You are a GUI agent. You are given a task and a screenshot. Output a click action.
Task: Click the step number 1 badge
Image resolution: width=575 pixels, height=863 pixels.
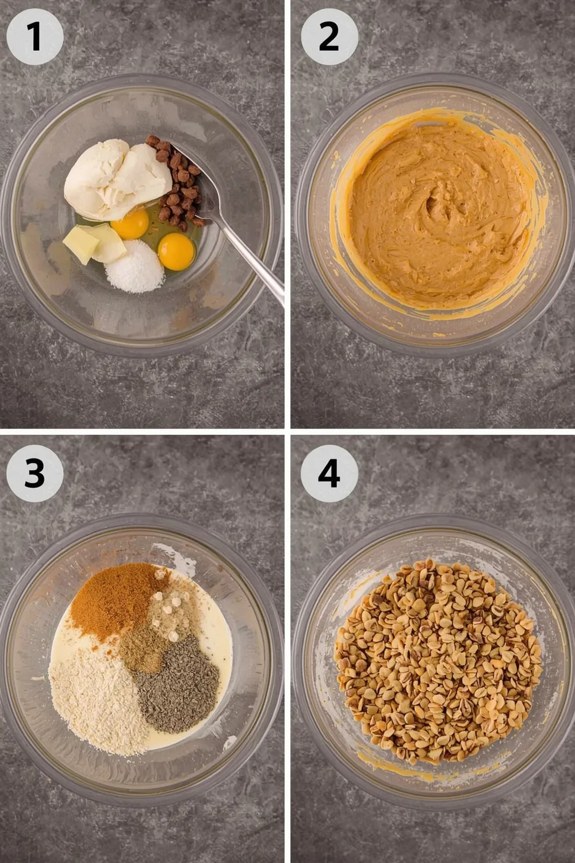[x=34, y=36]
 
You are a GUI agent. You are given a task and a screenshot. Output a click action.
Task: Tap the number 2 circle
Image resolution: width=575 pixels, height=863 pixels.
[x=329, y=36]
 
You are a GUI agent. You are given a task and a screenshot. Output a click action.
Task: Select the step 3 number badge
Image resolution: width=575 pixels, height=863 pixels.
[x=34, y=473]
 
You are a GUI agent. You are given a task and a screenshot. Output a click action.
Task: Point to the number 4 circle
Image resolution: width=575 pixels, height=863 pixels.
[x=329, y=473]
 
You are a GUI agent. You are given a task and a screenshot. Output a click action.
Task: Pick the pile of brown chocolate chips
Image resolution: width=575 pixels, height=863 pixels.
[x=178, y=184]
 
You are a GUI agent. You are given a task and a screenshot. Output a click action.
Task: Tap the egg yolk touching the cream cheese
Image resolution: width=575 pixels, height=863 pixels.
[x=130, y=224]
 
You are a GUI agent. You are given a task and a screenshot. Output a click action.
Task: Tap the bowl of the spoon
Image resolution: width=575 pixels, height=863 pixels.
[x=198, y=184]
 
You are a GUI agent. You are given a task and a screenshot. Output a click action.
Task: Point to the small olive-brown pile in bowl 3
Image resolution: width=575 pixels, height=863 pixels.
[x=141, y=653]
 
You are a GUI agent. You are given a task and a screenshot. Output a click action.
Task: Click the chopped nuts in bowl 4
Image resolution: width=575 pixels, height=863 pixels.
[x=437, y=662]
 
